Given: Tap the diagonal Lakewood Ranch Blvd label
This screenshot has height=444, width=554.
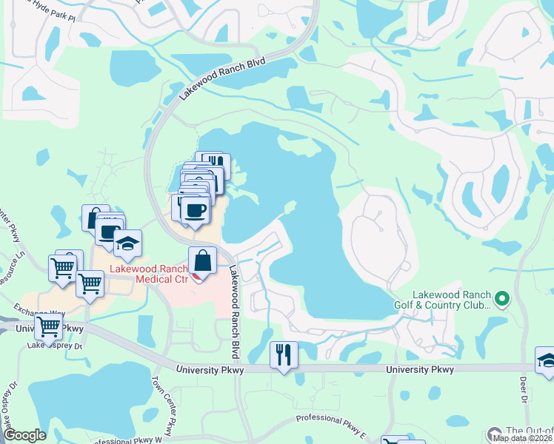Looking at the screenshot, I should coord(220,77).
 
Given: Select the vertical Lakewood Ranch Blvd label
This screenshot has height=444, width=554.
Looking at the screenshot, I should coord(236,302).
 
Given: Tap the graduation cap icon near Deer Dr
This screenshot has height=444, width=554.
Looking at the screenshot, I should coord(546,360).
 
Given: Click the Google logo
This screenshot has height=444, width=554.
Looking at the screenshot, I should coord(24,436).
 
